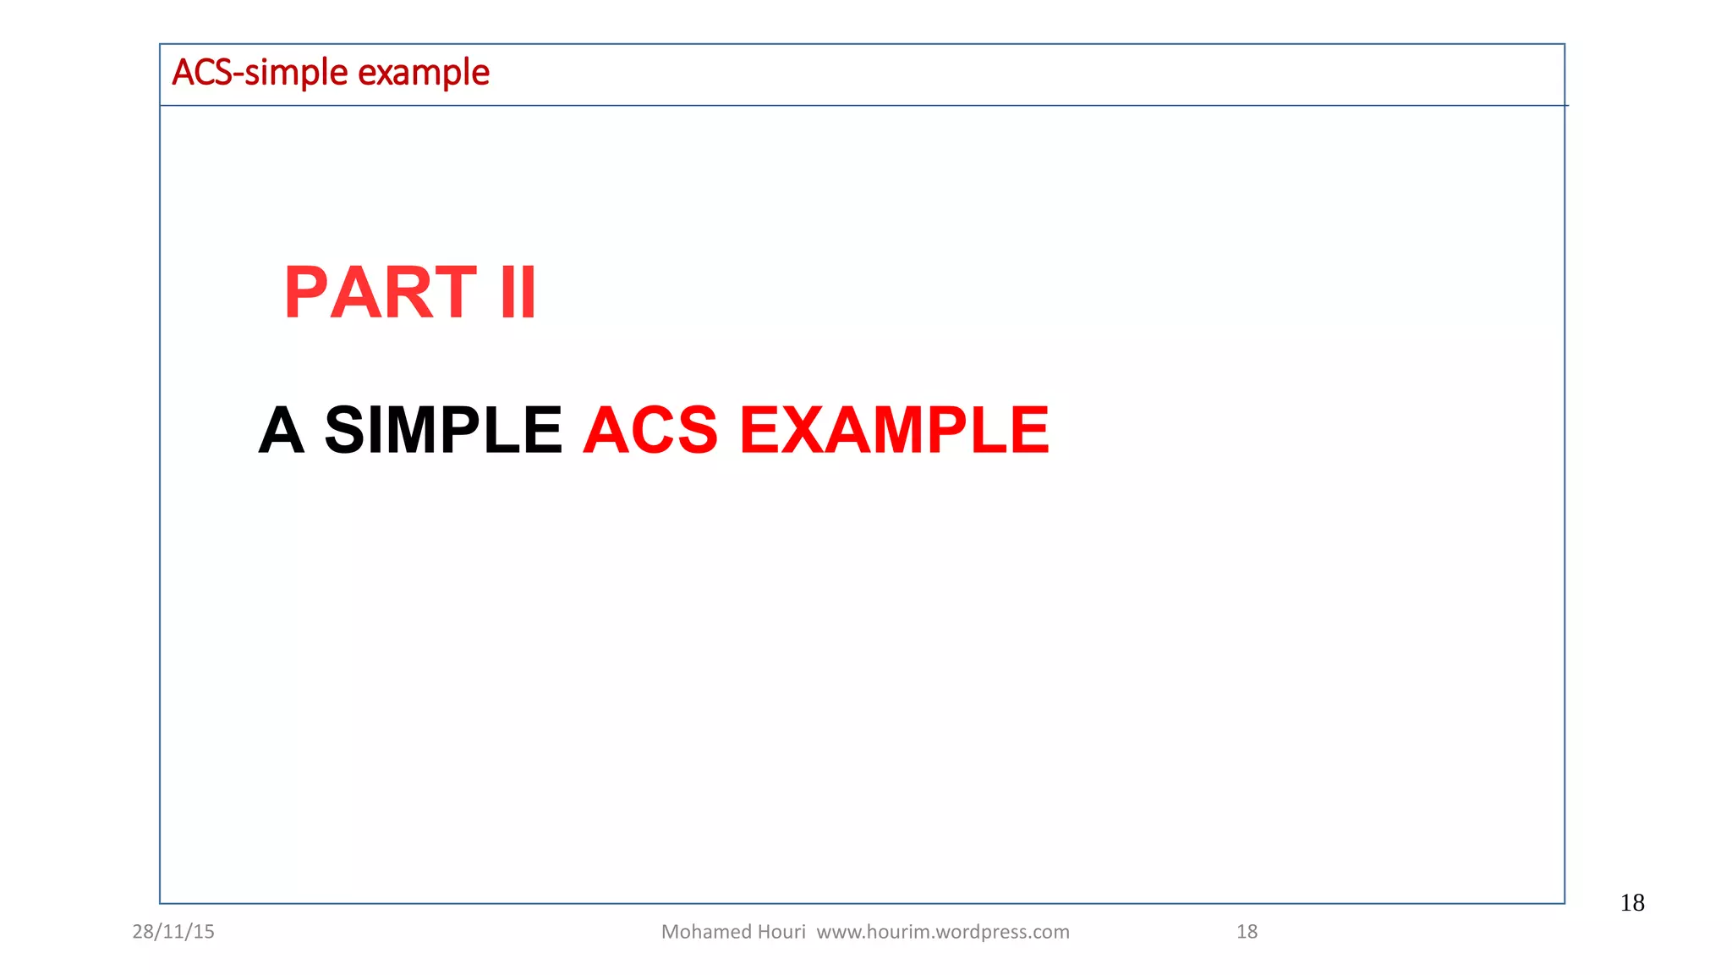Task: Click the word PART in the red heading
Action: click(381, 293)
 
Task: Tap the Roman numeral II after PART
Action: click(518, 293)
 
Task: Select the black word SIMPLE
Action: click(443, 430)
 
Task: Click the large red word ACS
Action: click(650, 430)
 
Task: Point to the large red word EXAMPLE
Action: click(894, 430)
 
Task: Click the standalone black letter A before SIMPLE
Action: click(281, 430)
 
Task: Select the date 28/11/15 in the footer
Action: click(173, 932)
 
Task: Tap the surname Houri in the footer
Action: click(782, 932)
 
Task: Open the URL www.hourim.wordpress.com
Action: click(943, 932)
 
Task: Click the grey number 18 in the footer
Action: click(1247, 932)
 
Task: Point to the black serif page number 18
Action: click(1632, 903)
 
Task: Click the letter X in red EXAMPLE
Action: click(808, 430)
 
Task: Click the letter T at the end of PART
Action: click(452, 293)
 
